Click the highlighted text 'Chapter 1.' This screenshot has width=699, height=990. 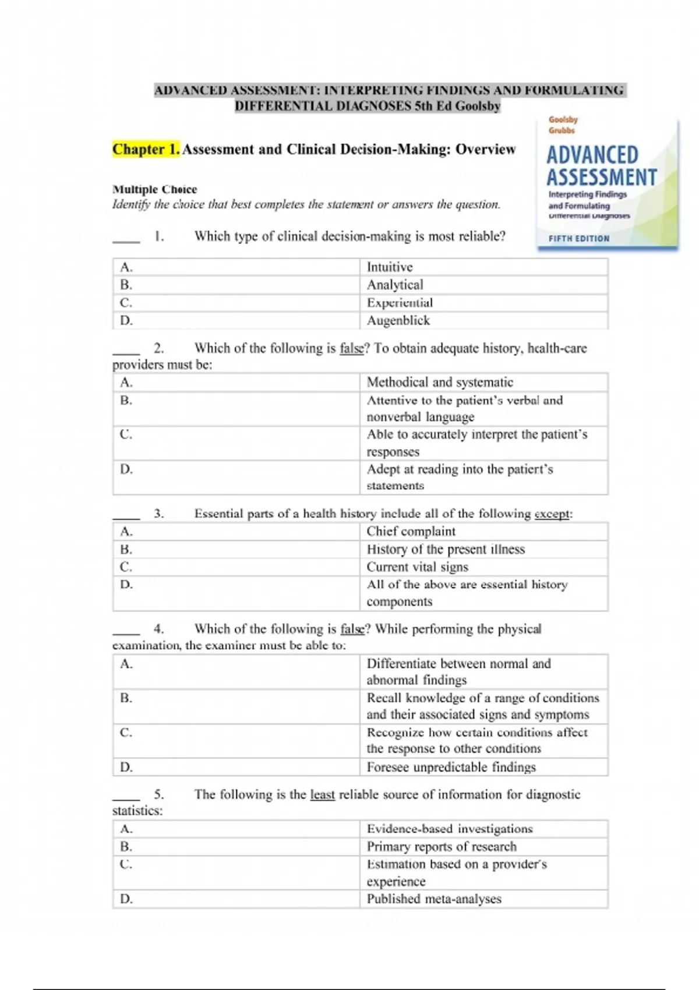(146, 150)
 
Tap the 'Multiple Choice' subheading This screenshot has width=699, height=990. (154, 189)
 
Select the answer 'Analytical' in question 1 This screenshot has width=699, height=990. (395, 285)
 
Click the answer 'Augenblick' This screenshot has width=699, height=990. (398, 320)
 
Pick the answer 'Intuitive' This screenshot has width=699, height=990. (390, 267)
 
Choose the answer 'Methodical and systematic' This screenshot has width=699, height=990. (440, 383)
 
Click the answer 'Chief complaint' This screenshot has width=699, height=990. (411, 531)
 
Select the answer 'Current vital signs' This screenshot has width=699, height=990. (417, 567)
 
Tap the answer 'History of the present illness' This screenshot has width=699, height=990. (446, 549)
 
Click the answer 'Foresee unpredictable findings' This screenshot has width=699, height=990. (451, 767)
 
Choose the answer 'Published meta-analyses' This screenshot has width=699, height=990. (434, 899)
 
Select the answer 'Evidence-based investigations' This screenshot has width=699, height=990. (450, 829)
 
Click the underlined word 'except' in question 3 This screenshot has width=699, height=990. (552, 514)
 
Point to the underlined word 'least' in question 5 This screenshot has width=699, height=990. (322, 794)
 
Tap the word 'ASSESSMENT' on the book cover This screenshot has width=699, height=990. (601, 177)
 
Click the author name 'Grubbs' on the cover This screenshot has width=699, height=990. (562, 130)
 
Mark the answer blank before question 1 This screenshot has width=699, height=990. (126, 239)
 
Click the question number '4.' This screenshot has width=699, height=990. (159, 629)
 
